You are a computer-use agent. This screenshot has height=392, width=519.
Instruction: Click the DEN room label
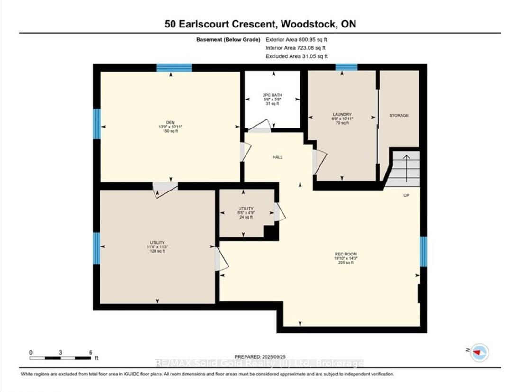171,122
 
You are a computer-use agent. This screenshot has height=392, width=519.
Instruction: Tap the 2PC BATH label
273,95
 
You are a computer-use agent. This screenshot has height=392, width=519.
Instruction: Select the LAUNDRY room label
342,114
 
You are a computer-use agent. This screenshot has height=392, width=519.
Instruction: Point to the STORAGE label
399,115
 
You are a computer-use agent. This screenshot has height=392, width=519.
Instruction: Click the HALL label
277,157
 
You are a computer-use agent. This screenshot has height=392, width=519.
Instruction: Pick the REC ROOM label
346,254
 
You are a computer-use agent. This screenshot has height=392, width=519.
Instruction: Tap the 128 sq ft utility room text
157,251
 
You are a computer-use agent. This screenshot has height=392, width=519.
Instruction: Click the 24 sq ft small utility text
246,217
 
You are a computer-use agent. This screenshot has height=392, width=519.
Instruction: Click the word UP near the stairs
406,195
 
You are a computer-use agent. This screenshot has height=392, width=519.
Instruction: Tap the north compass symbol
480,352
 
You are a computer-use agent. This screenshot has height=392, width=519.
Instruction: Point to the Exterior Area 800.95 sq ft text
296,39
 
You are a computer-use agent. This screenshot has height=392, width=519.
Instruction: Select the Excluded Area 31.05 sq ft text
297,56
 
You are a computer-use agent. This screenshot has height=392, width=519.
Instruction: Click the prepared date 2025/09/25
274,356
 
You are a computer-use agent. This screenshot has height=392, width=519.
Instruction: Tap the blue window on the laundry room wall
346,67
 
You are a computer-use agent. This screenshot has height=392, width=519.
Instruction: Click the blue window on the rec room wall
423,251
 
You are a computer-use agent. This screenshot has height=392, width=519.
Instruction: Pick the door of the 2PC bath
260,126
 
